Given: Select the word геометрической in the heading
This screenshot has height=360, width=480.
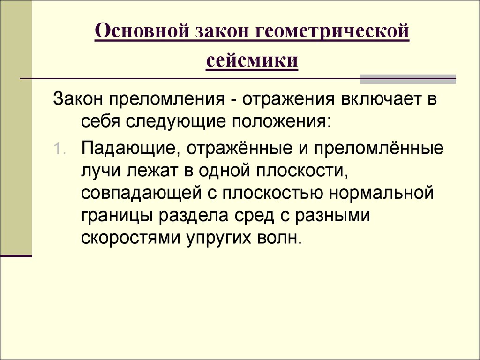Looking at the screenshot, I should pyautogui.click(x=332, y=36).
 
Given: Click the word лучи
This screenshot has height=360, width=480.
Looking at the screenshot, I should pyautogui.click(x=101, y=172).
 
